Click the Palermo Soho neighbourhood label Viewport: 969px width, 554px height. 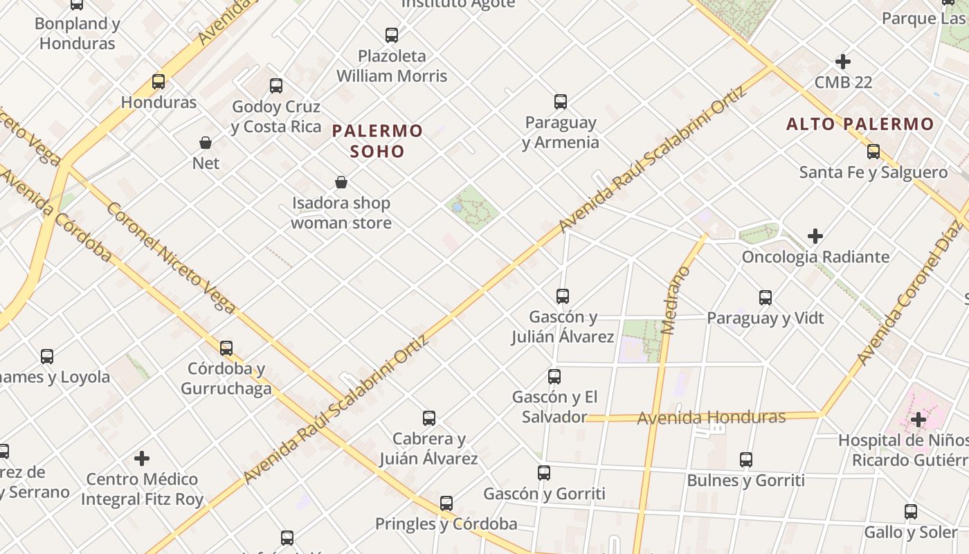pyautogui.click(x=377, y=141)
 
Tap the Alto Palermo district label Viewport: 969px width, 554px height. pyautogui.click(x=860, y=125)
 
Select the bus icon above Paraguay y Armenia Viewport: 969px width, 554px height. pyautogui.click(x=561, y=102)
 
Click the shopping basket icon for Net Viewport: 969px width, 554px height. pyautogui.click(x=206, y=143)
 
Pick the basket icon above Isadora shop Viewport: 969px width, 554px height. pyautogui.click(x=341, y=182)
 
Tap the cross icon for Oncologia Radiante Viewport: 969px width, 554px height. pyautogui.click(x=815, y=236)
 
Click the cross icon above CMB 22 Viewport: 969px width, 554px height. pyautogui.click(x=842, y=62)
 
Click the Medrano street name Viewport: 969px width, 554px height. pyautogui.click(x=671, y=301)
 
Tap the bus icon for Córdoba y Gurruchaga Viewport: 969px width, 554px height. pyautogui.click(x=226, y=348)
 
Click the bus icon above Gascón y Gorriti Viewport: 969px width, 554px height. pyautogui.click(x=544, y=473)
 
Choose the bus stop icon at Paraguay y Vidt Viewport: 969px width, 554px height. pyautogui.click(x=766, y=298)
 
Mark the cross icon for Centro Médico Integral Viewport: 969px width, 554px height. pyautogui.click(x=142, y=458)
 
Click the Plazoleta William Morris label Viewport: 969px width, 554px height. pyautogui.click(x=392, y=66)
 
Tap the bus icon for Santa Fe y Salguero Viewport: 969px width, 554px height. pyautogui.click(x=873, y=152)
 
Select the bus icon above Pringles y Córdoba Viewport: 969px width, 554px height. pyautogui.click(x=446, y=503)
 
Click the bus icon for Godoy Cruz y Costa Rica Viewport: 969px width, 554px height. pyautogui.click(x=276, y=86)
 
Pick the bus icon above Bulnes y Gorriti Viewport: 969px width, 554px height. pyautogui.click(x=745, y=460)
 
